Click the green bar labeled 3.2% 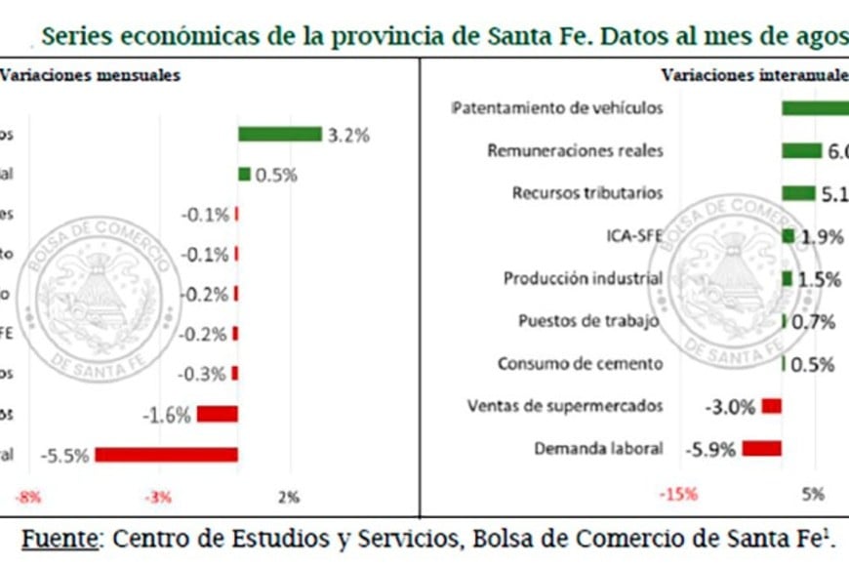[280, 135]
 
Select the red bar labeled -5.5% [166, 454]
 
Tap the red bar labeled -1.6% [217, 414]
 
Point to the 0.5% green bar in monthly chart [244, 175]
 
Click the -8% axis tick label [27, 498]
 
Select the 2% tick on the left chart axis [289, 498]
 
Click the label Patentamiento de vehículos [557, 107]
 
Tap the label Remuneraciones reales [575, 150]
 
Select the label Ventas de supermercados [565, 405]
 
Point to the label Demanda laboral [598, 449]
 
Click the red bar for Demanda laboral [761, 448]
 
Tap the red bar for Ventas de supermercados [772, 405]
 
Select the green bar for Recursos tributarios [798, 193]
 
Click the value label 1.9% [821, 236]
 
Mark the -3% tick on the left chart [159, 498]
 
